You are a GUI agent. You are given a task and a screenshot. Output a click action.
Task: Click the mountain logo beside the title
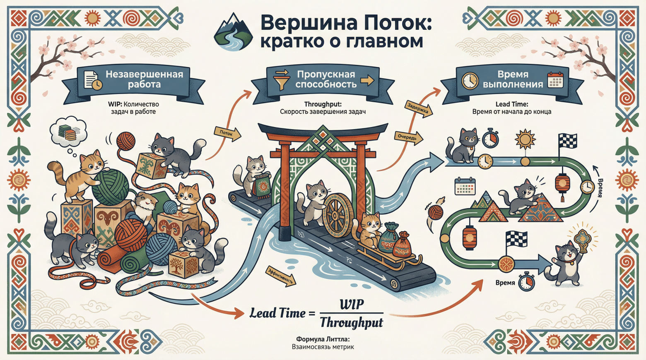pos(233,32)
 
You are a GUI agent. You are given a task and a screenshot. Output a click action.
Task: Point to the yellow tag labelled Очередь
pos(408,137)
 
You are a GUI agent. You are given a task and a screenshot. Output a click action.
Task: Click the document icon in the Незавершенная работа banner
pos(92,80)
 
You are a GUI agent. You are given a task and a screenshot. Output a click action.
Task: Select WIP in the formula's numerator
pos(352,305)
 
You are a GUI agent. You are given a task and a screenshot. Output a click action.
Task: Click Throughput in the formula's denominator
pos(352,322)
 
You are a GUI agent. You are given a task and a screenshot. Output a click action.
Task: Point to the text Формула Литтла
pos(323,339)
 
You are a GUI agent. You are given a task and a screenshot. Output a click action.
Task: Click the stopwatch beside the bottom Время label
pos(526,282)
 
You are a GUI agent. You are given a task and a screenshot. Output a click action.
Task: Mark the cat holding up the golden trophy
pos(565,263)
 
